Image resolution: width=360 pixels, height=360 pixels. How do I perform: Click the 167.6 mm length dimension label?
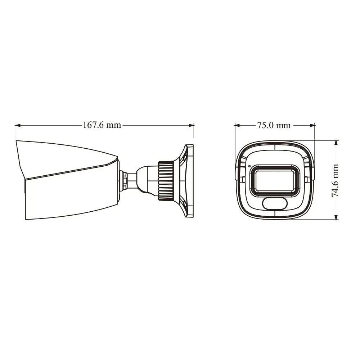pos(102,125)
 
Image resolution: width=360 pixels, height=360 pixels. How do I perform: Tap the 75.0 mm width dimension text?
pos(274,125)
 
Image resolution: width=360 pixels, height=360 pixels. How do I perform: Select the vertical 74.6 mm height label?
pos(335,180)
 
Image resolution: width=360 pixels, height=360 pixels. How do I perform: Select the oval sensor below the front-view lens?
pos(274,203)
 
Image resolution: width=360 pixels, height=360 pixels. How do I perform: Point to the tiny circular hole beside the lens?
pos(249,166)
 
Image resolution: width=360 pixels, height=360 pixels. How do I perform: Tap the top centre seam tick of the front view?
pos(274,147)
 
